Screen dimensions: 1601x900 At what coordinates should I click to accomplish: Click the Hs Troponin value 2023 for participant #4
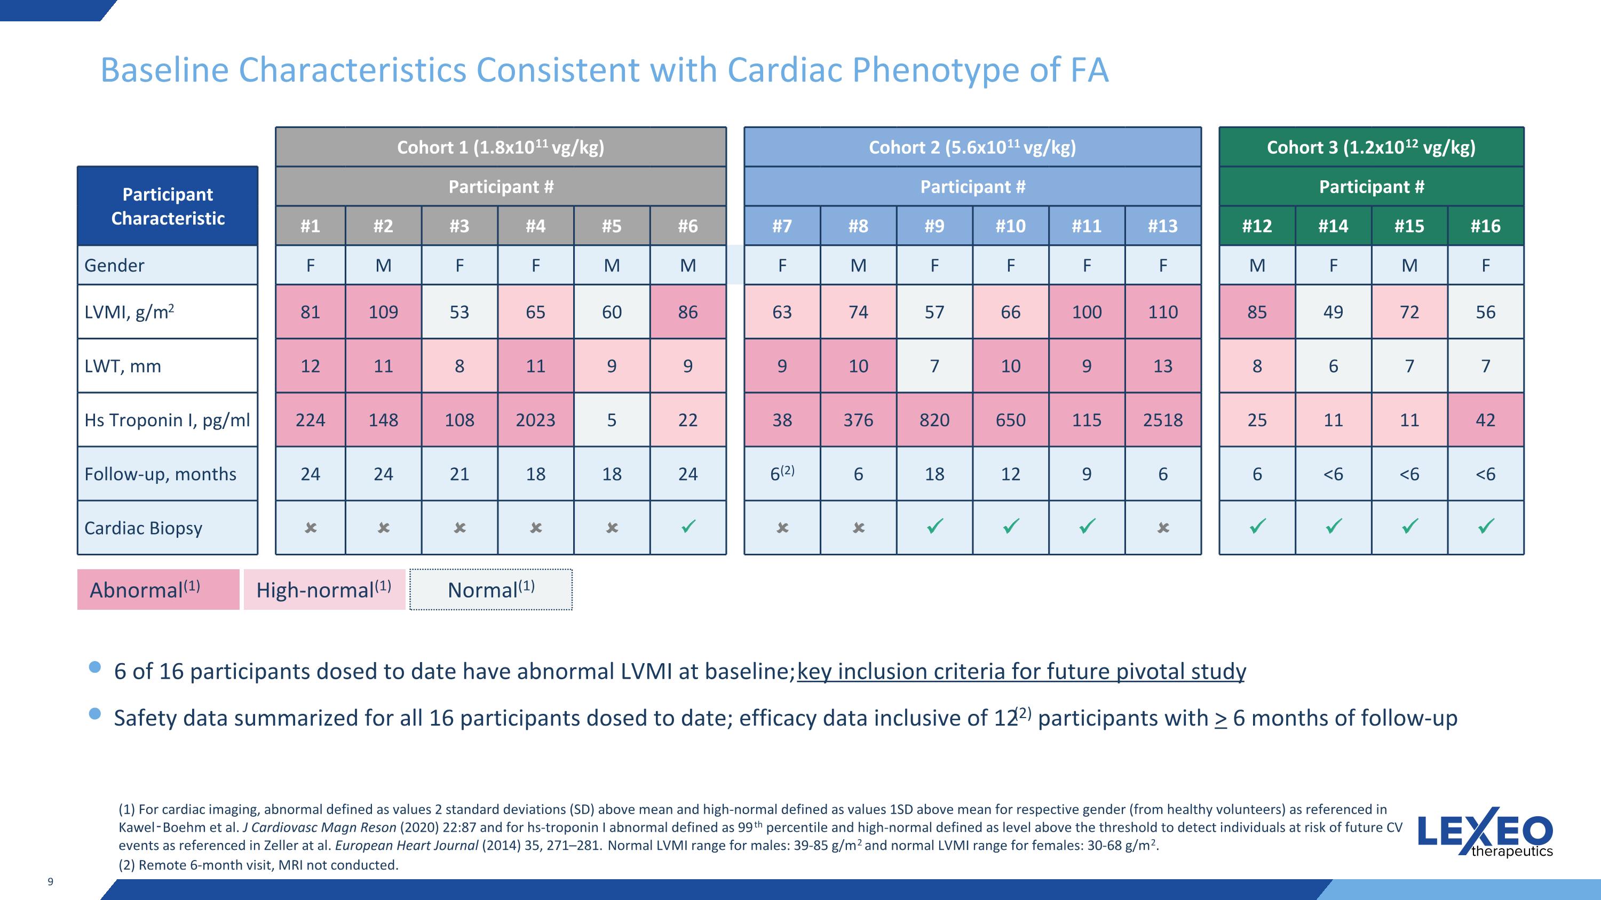click(535, 420)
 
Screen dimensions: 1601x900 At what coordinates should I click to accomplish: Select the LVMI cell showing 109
click(384, 312)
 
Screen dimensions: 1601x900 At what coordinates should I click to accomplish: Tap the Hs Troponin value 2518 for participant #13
click(1163, 420)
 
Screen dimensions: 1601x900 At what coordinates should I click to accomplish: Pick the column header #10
click(1011, 226)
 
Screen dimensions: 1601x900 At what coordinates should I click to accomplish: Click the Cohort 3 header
click(1372, 147)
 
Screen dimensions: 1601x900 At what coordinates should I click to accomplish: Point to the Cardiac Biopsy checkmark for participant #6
click(688, 527)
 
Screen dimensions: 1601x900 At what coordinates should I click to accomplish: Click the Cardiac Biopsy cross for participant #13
click(1163, 527)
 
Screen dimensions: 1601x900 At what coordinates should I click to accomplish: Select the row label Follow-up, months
click(160, 474)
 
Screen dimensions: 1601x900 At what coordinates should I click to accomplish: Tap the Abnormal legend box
click(158, 590)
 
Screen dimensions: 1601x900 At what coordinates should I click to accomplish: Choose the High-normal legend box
click(324, 590)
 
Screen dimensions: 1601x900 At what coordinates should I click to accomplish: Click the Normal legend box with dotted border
click(491, 590)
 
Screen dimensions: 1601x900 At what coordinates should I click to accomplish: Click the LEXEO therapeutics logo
click(1485, 833)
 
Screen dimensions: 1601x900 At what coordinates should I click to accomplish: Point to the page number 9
click(50, 881)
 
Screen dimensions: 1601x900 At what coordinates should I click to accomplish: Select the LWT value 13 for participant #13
click(1163, 366)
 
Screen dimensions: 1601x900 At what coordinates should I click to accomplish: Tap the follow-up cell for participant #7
click(782, 473)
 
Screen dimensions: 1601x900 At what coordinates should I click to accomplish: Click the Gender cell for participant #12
click(1257, 265)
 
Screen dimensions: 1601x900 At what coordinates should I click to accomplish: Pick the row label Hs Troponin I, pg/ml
click(167, 420)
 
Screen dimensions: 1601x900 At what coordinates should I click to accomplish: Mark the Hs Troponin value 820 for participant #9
click(934, 420)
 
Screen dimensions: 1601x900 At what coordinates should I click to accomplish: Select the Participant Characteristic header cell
click(168, 205)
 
